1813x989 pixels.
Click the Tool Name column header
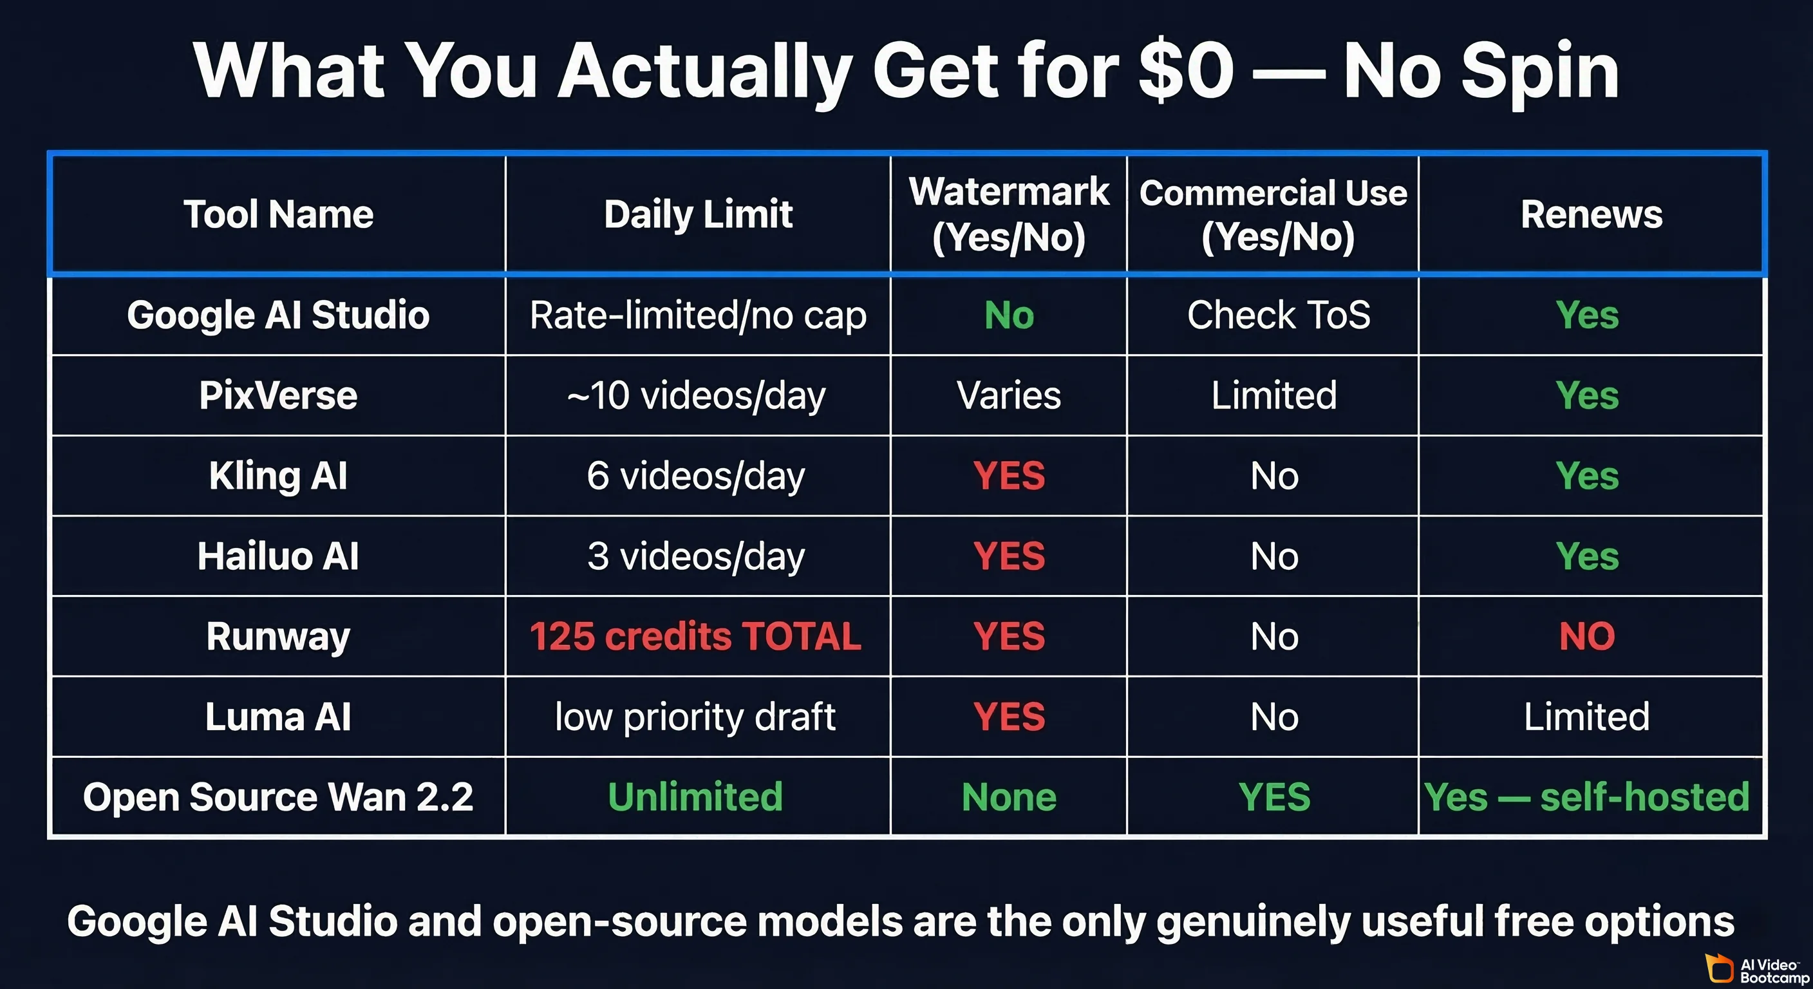pos(278,214)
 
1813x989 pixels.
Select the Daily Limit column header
pos(697,214)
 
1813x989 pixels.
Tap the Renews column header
pos(1592,214)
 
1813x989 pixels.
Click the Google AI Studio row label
pos(278,315)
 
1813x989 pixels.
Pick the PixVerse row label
pos(278,395)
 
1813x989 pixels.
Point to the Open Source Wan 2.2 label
pos(278,797)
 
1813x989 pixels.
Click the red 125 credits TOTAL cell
pos(695,636)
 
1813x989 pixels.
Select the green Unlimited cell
pos(695,797)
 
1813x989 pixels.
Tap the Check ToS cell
pos(1278,315)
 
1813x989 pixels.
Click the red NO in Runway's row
pos(1586,636)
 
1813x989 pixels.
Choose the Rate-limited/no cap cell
pos(697,315)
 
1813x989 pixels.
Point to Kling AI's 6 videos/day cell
pos(695,476)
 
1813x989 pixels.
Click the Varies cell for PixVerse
pos(1009,395)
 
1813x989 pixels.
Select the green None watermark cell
pos(1009,797)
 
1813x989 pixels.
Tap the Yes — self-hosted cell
pos(1586,797)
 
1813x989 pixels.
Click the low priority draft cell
pos(695,717)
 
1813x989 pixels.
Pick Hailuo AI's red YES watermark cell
pos(1009,556)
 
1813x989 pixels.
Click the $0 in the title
pos(1185,70)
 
